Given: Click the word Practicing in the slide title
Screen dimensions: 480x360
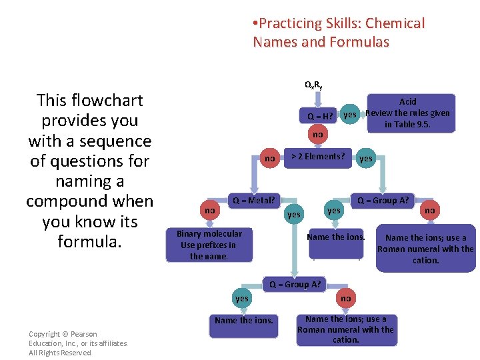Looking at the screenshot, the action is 291,24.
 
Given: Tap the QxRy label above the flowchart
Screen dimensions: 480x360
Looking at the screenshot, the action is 313,85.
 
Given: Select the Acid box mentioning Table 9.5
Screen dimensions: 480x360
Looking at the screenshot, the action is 407,113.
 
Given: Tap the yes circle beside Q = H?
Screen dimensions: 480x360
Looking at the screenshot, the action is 349,115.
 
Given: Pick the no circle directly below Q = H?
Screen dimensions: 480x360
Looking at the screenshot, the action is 318,134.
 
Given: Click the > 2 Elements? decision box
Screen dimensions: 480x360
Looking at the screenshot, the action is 318,157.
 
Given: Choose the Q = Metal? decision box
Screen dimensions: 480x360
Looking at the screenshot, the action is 253,200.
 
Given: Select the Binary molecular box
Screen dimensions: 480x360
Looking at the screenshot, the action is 209,245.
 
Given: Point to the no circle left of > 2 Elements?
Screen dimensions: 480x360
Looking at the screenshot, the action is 269,159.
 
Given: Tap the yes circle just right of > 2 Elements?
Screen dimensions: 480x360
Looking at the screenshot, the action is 366,159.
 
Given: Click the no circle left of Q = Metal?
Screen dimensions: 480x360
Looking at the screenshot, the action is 210,211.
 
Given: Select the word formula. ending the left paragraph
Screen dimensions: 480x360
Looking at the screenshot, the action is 89,241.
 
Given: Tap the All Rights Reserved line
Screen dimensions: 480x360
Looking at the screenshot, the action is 61,353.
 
